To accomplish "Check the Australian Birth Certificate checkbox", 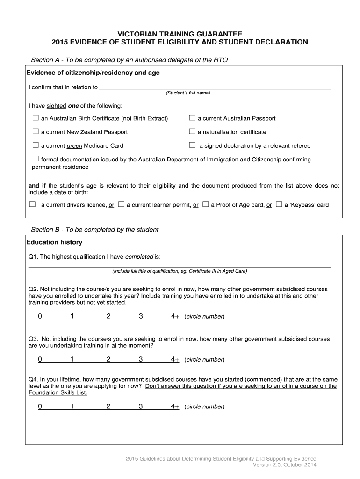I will pos(36,118).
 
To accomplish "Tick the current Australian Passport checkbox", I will pos(192,118).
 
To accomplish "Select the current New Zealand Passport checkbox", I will pos(36,131).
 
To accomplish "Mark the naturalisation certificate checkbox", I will pos(192,131).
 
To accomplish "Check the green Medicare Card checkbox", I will pos(36,145).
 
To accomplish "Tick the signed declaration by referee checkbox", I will pos(192,145).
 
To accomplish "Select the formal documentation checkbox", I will pos(36,159).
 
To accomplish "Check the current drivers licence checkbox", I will pos(32,204).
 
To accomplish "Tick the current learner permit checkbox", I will pos(121,204).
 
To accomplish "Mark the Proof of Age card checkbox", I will pos(206,204).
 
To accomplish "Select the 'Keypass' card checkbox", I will pos(279,204).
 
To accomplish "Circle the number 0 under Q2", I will pos(40,317).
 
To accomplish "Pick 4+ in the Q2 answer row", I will pos(175,317).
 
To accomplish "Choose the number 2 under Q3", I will pos(108,360).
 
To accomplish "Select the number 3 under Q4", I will pos(140,407).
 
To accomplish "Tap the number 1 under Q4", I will pos(72,407).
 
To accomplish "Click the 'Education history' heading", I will pos(54,242).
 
